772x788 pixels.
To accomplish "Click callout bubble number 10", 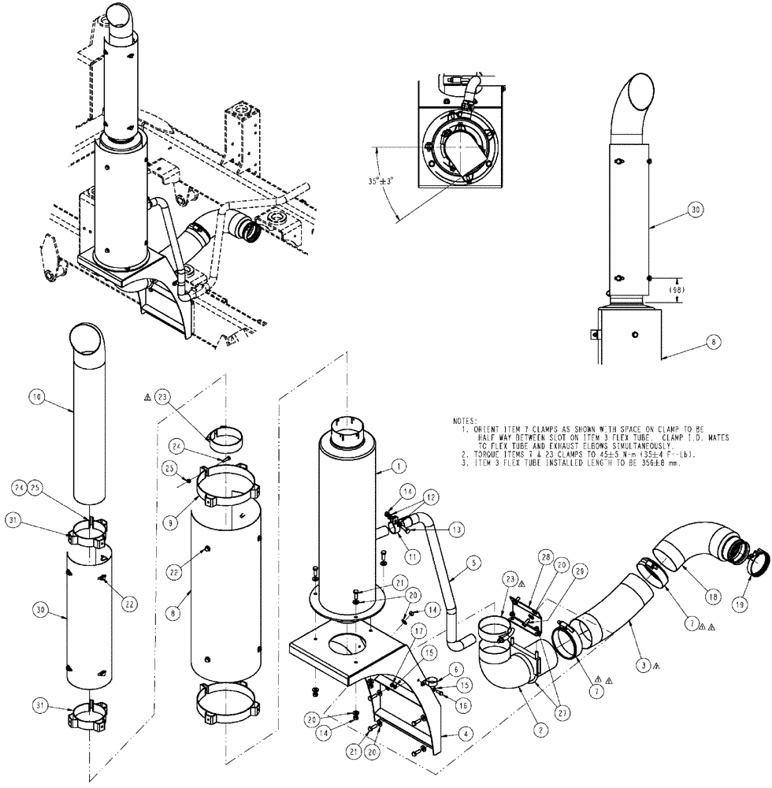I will click(37, 398).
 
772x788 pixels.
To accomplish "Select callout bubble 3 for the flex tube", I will click(644, 666).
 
